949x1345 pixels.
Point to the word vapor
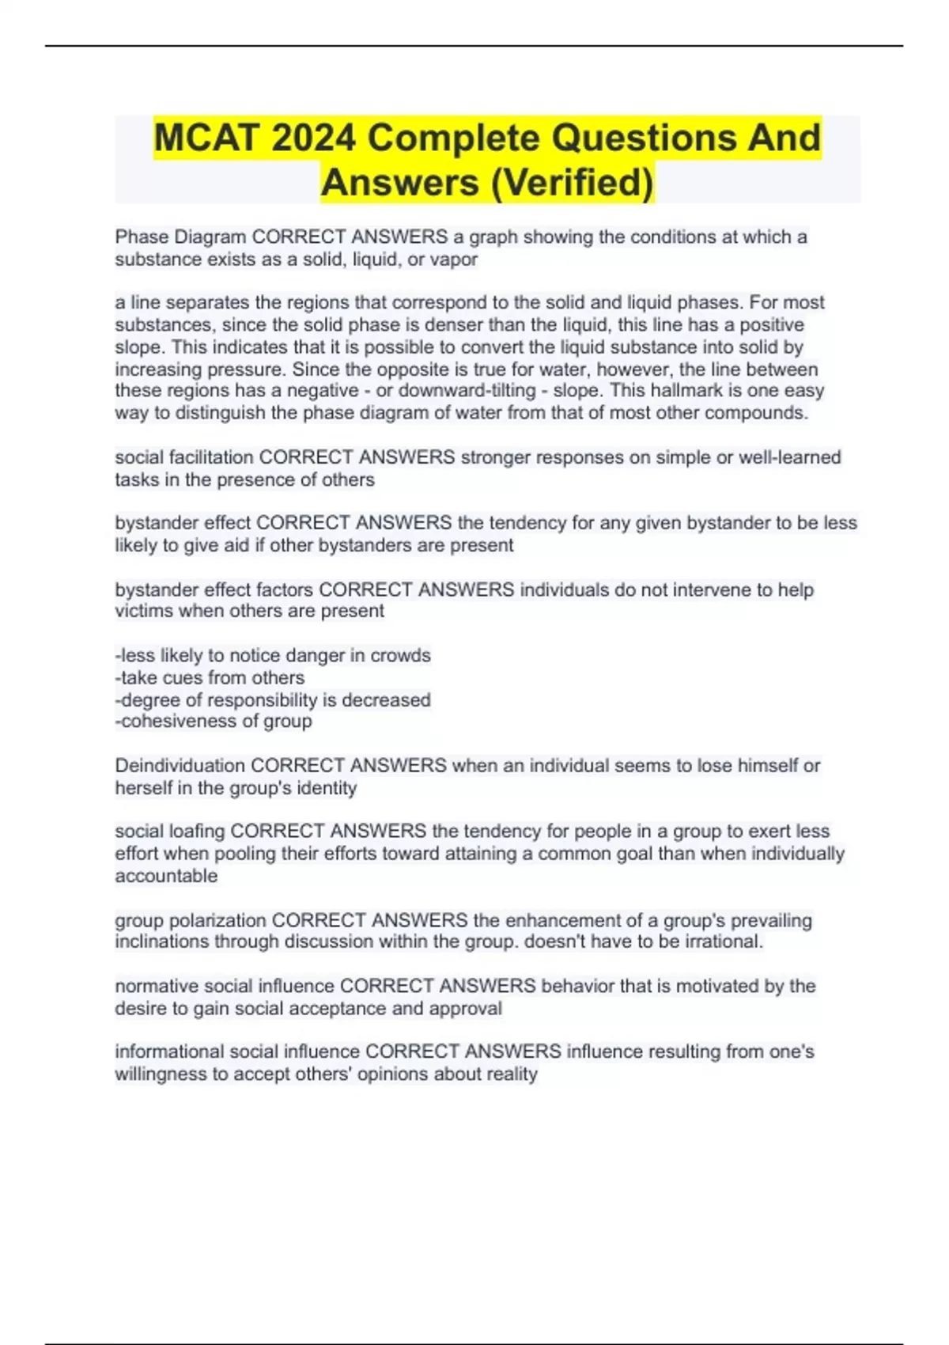[x=454, y=260]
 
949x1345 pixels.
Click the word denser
[x=433, y=325]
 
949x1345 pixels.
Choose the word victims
[x=144, y=611]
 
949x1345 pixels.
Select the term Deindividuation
[x=180, y=765]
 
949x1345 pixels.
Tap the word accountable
[x=166, y=876]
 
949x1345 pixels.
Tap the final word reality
[x=512, y=1074]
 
